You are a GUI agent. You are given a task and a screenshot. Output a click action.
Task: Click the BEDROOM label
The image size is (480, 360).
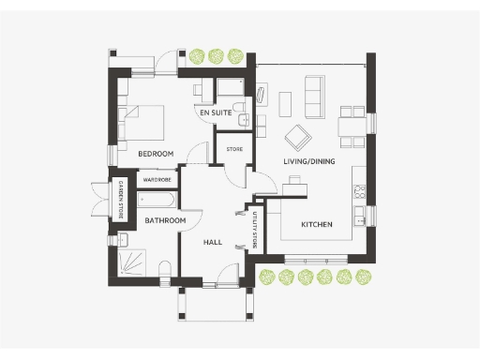156,153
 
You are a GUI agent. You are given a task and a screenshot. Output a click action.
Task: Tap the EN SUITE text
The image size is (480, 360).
216,112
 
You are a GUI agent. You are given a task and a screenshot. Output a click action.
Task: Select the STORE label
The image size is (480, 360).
234,149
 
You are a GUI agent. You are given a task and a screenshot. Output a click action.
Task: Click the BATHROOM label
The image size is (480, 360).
165,221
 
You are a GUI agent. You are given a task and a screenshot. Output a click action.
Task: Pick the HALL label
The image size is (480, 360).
212,242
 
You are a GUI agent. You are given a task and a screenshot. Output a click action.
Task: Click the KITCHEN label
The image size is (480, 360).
317,225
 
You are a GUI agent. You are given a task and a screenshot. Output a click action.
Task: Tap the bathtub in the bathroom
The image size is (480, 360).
158,201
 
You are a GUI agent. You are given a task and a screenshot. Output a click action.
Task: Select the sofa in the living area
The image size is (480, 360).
312,94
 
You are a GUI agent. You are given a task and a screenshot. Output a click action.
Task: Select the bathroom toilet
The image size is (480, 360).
164,270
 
